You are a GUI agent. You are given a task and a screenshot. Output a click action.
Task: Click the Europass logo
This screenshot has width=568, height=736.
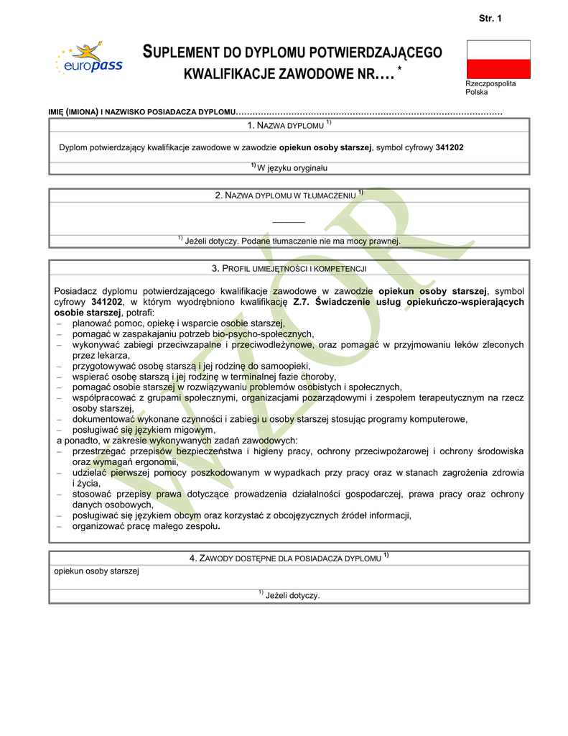point(89,60)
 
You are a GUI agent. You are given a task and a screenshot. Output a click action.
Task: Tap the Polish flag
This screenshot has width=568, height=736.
point(498,59)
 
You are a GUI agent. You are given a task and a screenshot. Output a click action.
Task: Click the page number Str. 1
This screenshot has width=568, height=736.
point(490,18)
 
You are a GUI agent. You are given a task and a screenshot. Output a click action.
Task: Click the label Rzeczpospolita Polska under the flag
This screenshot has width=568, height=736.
point(490,88)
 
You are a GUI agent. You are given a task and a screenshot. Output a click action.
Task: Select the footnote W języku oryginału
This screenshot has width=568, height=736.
point(289,167)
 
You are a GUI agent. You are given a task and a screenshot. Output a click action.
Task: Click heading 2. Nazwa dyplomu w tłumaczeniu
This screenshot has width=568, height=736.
point(289,195)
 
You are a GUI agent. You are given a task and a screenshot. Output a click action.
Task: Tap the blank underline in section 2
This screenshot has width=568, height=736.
point(289,221)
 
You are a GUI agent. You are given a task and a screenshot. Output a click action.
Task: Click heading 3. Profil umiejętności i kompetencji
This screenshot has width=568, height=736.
point(289,268)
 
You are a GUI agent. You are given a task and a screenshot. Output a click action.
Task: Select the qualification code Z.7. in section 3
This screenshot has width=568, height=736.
point(302,302)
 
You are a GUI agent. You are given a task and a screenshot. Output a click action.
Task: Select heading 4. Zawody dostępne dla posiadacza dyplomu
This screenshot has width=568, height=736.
point(289,558)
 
